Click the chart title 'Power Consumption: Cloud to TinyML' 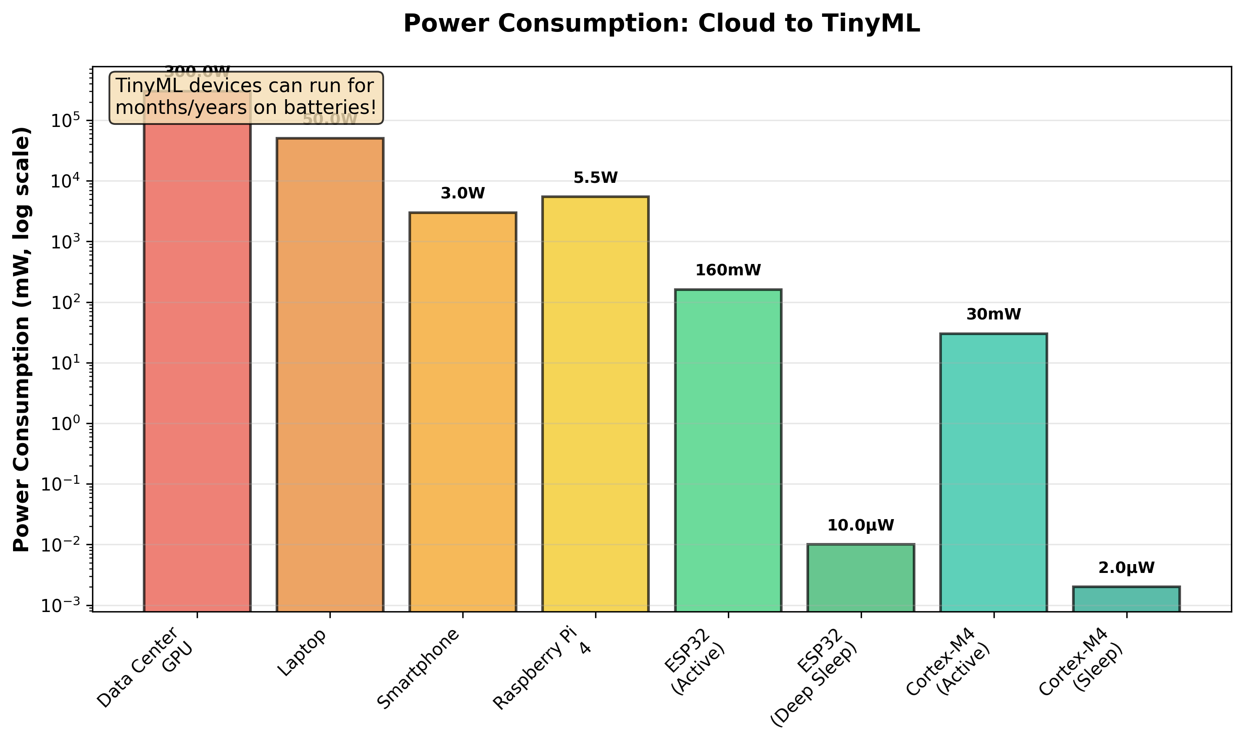point(661,24)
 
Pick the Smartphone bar point(463,412)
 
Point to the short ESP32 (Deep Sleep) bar point(861,577)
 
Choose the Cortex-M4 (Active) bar point(994,472)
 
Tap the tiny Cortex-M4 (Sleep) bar point(1126,599)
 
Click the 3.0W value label point(463,193)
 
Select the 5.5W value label point(596,178)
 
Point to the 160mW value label point(728,271)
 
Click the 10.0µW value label point(861,525)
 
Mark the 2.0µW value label point(1126,568)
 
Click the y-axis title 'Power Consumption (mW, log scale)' point(22,339)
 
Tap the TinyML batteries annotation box point(245,97)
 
